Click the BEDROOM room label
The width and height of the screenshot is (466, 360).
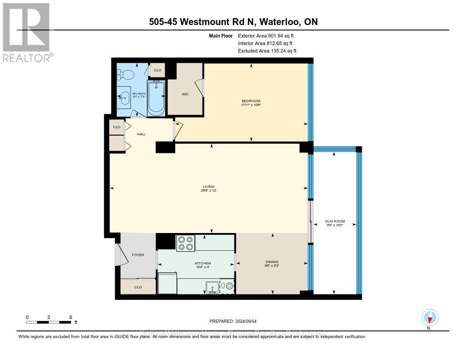[x=251, y=101]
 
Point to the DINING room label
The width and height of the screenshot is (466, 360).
[x=272, y=262]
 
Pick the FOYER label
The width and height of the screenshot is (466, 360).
[x=137, y=255]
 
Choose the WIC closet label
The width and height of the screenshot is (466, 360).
[x=185, y=94]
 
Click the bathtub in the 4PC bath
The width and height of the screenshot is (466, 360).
[x=156, y=97]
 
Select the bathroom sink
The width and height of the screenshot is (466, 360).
[x=124, y=96]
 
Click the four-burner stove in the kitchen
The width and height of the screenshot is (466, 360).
[x=185, y=243]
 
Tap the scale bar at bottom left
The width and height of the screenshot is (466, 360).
[x=49, y=322]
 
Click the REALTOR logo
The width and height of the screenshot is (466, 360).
[x=27, y=32]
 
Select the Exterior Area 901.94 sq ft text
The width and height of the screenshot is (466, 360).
[x=269, y=35]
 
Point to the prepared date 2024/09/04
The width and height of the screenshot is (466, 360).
[x=233, y=321]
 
